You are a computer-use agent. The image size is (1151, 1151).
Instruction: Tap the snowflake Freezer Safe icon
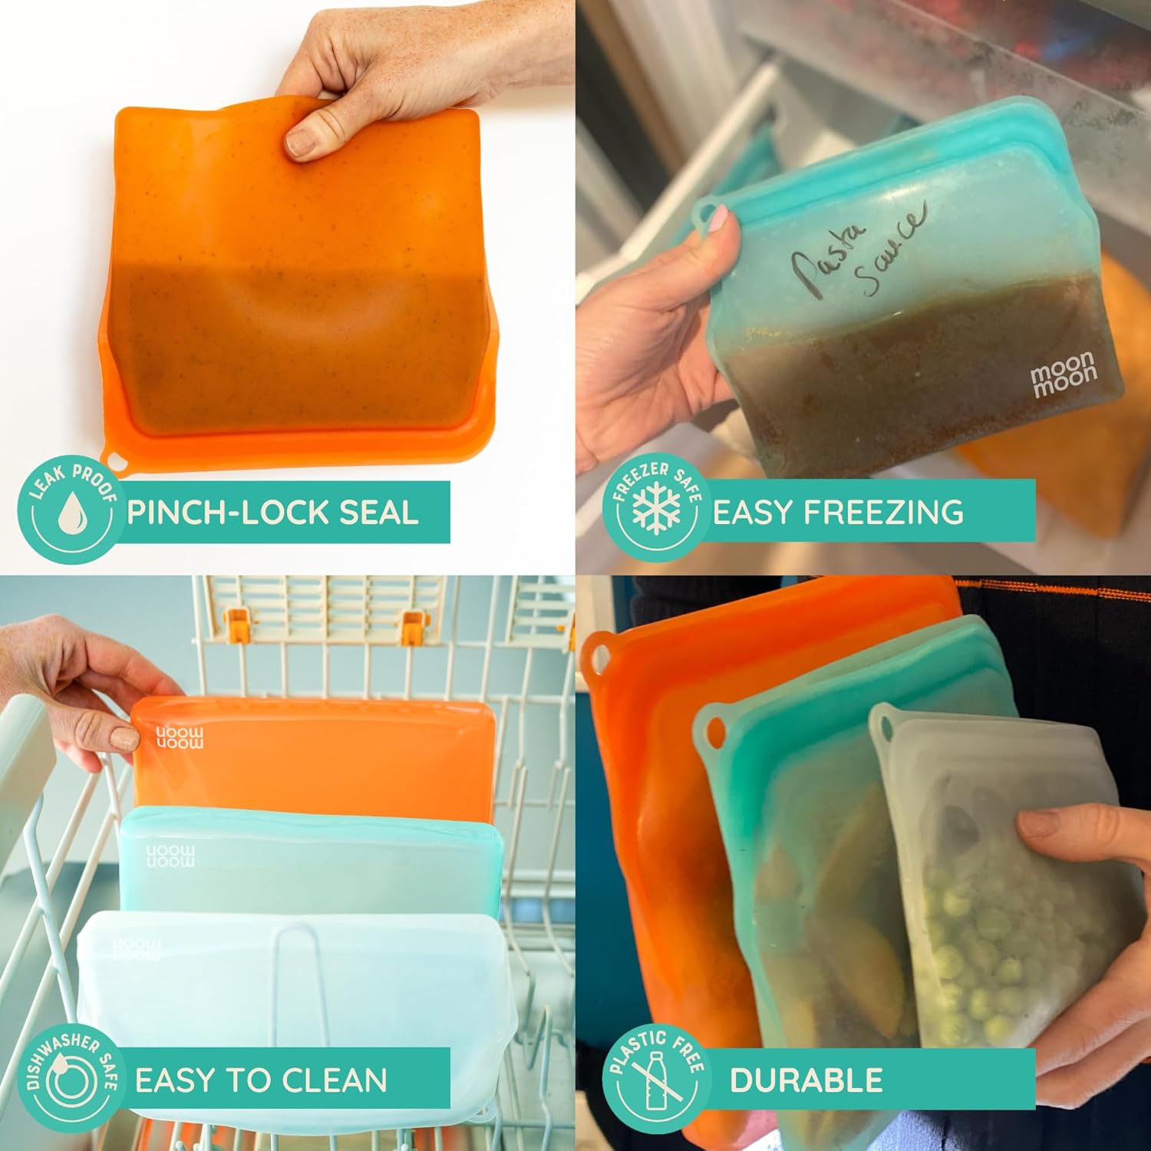(x=651, y=510)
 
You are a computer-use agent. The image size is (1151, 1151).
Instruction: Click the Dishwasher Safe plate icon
(x=68, y=1080)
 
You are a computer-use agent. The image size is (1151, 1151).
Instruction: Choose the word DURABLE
(x=806, y=1080)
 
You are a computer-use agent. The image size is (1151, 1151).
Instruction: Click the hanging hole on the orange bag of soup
(x=117, y=461)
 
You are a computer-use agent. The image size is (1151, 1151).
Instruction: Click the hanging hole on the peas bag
(x=883, y=725)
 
